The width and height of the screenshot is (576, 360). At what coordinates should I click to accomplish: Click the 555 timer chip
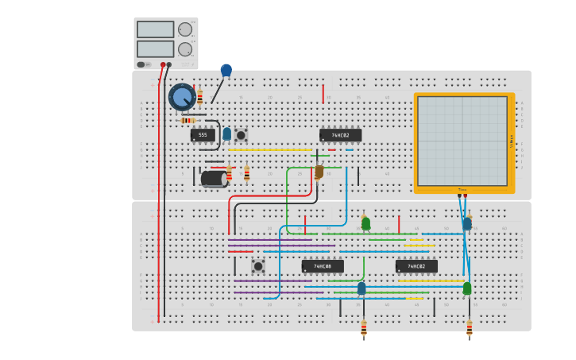pos(203,135)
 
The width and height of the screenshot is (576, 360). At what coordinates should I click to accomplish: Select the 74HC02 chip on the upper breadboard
pos(340,135)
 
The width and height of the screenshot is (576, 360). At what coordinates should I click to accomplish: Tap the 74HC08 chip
pos(323,266)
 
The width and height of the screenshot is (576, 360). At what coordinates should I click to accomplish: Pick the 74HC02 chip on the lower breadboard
pos(416,266)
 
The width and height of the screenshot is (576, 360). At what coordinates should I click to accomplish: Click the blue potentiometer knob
pos(182,97)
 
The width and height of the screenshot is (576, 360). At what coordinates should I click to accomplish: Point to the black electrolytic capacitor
pos(213,179)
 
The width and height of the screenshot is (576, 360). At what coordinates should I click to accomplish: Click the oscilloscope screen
pos(462,141)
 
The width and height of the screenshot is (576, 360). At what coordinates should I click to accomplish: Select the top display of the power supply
pos(155,29)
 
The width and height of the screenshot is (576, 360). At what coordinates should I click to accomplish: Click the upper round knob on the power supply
pos(185,29)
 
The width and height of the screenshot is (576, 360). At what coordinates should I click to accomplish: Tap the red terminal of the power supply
pos(163,64)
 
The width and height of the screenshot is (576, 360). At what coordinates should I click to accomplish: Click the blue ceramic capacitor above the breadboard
pos(226,71)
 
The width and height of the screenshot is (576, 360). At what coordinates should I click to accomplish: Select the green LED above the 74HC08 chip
pos(365,223)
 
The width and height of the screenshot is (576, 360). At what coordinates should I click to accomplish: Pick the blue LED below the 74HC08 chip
pos(361,288)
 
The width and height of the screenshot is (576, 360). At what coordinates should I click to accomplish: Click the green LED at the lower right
pos(467,288)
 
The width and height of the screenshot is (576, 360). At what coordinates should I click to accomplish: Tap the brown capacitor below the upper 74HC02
pos(319,172)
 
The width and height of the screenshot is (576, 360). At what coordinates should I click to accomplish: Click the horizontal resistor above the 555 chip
pos(188,120)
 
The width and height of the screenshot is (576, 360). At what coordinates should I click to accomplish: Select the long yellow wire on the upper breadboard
pos(270,149)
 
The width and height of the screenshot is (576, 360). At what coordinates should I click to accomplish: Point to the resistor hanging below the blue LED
pos(364,327)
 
